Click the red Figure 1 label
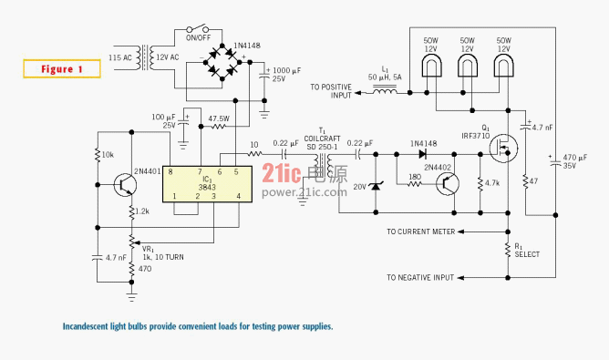coord(62,69)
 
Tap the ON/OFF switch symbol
coord(197,28)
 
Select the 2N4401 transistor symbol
coord(126,185)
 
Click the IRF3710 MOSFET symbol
coord(503,148)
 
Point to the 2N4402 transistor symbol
coord(448,184)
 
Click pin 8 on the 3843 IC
coord(170,171)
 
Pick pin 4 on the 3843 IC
coord(239,196)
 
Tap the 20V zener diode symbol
coord(376,187)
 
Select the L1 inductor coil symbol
coord(385,91)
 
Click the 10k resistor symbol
coord(98,155)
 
